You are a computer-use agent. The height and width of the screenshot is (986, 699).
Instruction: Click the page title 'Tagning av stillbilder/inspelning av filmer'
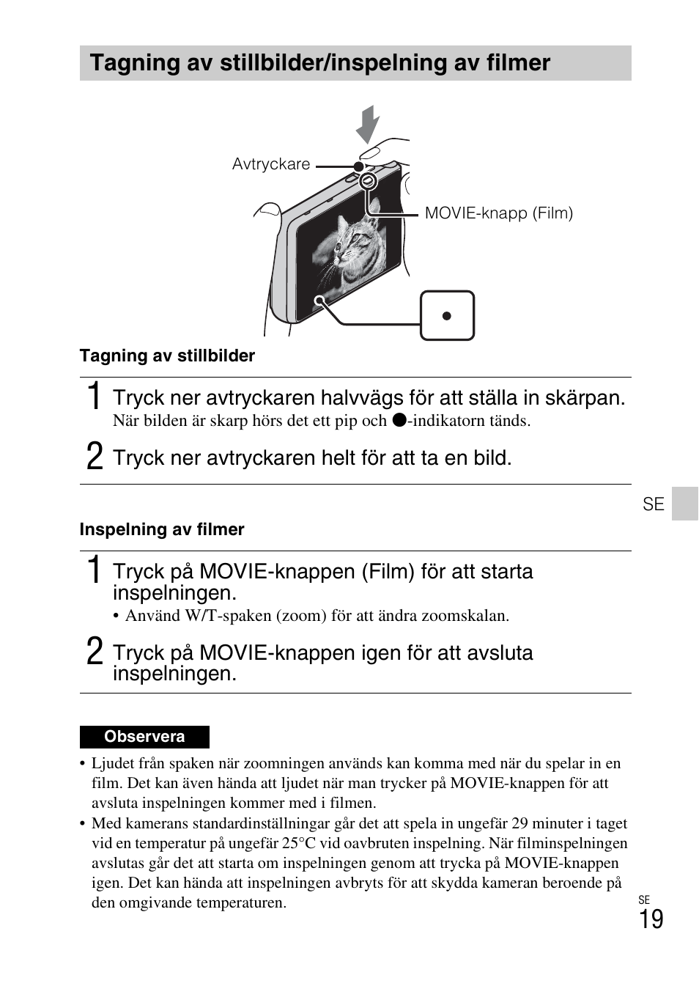click(x=319, y=63)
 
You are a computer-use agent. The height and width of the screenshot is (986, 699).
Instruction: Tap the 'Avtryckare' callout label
click(x=271, y=164)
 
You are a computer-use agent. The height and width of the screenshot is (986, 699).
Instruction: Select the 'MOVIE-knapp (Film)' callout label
click(x=498, y=213)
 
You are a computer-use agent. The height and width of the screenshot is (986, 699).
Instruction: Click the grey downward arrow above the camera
click(x=368, y=125)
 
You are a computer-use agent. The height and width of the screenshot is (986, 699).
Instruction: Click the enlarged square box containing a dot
click(x=447, y=316)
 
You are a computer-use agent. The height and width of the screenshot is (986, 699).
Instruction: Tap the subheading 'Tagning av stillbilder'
click(x=167, y=356)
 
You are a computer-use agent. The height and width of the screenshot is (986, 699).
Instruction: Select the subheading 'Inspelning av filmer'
click(x=162, y=529)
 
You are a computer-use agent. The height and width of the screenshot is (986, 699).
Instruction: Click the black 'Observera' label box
click(x=144, y=737)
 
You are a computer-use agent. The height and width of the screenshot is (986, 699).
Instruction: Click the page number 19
click(x=651, y=919)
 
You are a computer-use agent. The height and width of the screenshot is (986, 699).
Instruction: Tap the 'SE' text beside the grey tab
click(x=653, y=504)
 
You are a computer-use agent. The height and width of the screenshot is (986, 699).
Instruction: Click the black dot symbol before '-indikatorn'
click(x=398, y=420)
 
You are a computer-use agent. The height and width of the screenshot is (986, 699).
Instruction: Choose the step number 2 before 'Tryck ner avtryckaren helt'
click(x=94, y=457)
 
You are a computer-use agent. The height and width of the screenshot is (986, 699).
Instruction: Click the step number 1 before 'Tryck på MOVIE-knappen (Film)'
click(x=94, y=570)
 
